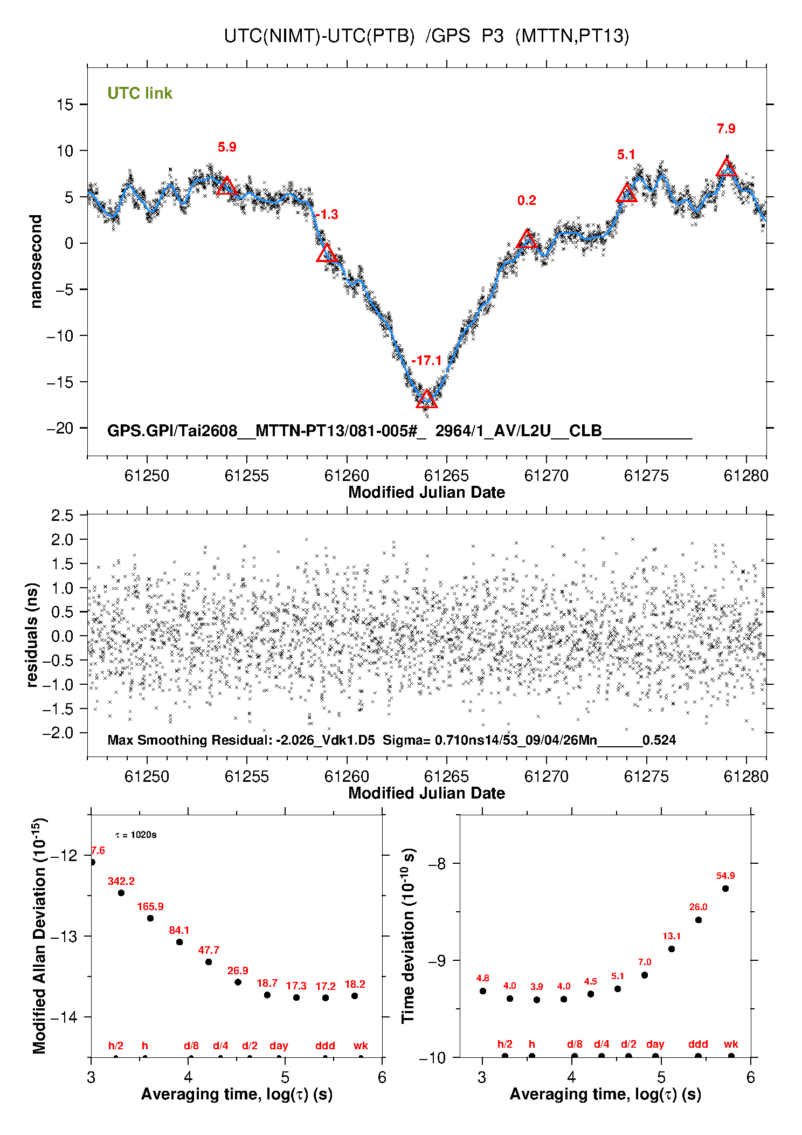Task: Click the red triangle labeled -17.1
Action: coord(426,399)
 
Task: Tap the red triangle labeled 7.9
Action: coord(727,168)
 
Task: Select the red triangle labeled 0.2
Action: coord(527,239)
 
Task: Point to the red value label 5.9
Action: coord(227,147)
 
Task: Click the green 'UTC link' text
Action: coord(140,93)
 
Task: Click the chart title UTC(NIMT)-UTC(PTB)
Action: coord(319,36)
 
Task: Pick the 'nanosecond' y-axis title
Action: coord(36,262)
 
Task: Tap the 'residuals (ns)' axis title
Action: coord(32,635)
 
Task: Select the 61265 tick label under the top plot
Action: coord(446,476)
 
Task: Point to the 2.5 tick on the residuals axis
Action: coord(62,515)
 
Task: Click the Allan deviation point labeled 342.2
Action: coord(121,892)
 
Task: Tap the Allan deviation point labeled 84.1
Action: coord(179,941)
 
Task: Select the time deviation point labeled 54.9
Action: coord(725,888)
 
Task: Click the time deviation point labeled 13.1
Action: coord(672,948)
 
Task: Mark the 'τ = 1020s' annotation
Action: coord(136,835)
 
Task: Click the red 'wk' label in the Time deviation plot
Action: coord(731,1044)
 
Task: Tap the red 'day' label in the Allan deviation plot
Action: coord(279,1045)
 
